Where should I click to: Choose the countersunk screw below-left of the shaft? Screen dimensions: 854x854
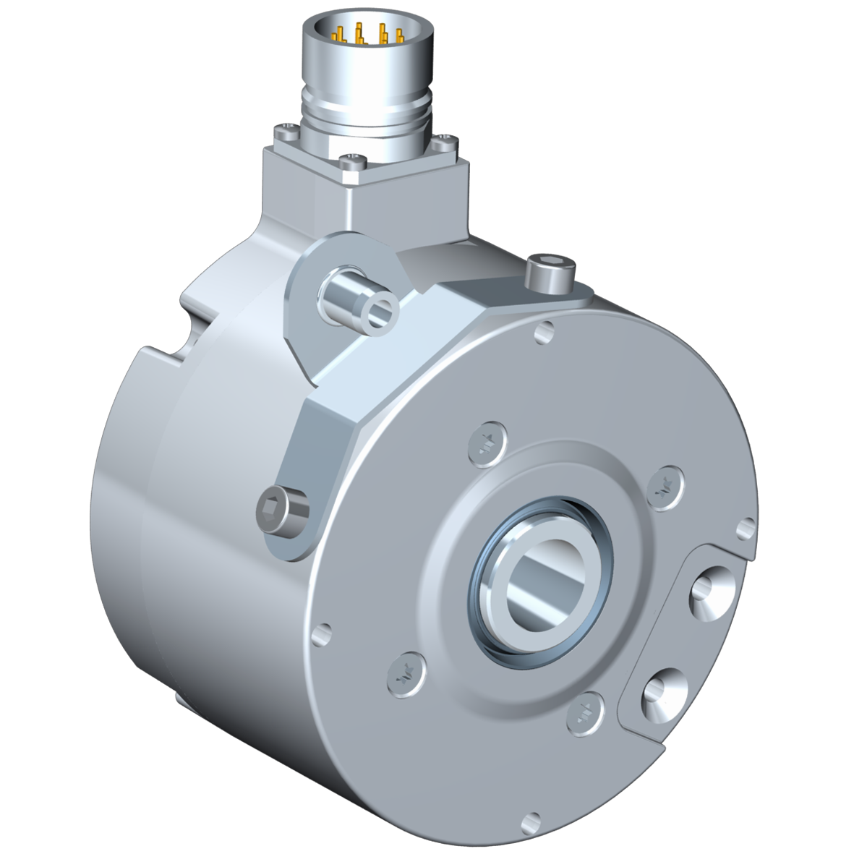pyautogui.click(x=403, y=673)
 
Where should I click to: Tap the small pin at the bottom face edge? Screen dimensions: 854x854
pyautogui.click(x=534, y=820)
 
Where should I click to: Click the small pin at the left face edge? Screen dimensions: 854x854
pyautogui.click(x=318, y=633)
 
